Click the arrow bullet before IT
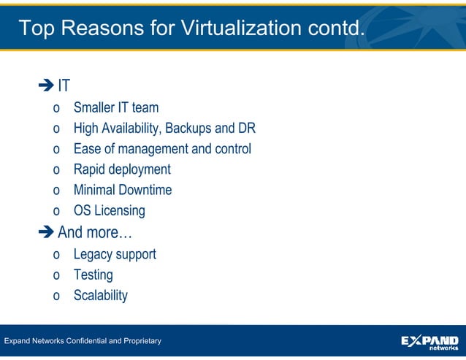point(46,86)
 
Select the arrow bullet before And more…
point(46,233)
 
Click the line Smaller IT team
point(115,108)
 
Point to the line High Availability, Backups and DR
point(164,129)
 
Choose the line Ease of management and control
point(161,149)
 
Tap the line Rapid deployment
point(121,169)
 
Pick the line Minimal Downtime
point(122,190)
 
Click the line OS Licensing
point(109,210)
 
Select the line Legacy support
point(114,254)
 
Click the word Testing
point(93,275)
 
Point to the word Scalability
point(100,295)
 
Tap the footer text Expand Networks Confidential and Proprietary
point(83,341)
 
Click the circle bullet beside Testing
point(56,276)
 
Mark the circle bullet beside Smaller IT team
point(56,110)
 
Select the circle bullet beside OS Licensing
point(56,212)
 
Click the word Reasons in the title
point(105,28)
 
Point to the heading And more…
point(94,233)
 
